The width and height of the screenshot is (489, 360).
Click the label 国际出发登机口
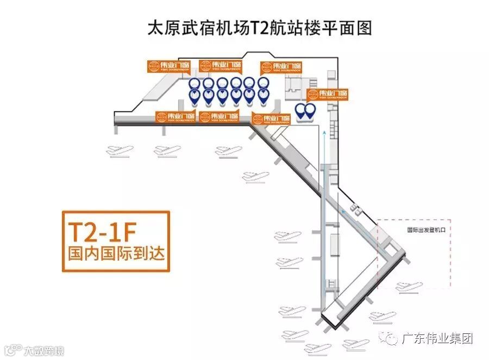tap(427, 229)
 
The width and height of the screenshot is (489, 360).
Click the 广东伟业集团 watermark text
tap(437, 338)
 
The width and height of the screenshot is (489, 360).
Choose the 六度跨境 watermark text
tap(44, 350)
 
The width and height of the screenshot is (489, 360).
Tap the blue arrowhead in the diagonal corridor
tap(343, 211)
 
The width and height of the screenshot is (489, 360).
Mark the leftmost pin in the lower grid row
tap(195, 96)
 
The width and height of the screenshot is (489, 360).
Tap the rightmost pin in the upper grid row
tap(263, 83)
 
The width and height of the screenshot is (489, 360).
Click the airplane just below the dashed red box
tap(408, 286)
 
